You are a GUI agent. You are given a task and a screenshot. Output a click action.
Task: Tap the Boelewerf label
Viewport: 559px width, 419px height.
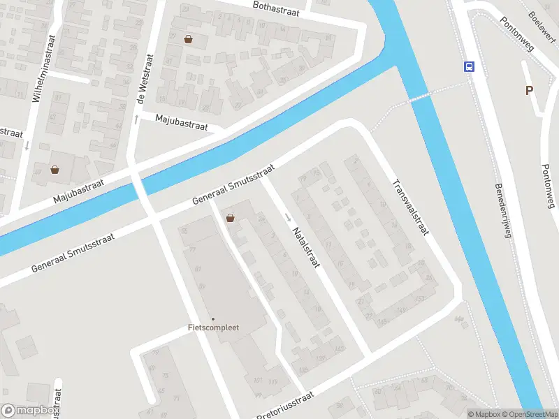(541, 25)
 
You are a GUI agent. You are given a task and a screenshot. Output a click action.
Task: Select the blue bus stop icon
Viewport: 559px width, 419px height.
(468, 67)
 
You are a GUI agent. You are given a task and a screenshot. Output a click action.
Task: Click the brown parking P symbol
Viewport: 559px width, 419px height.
(529, 90)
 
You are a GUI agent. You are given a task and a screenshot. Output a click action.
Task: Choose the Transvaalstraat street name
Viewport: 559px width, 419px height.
(409, 207)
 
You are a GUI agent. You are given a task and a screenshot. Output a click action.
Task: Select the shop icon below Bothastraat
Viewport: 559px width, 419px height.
(188, 39)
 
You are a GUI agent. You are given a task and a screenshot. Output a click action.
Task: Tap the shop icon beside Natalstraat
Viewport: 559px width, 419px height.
(230, 218)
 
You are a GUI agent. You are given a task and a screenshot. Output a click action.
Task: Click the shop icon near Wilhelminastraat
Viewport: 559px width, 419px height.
(55, 169)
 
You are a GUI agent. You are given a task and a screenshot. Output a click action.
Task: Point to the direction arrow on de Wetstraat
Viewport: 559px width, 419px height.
(136, 119)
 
